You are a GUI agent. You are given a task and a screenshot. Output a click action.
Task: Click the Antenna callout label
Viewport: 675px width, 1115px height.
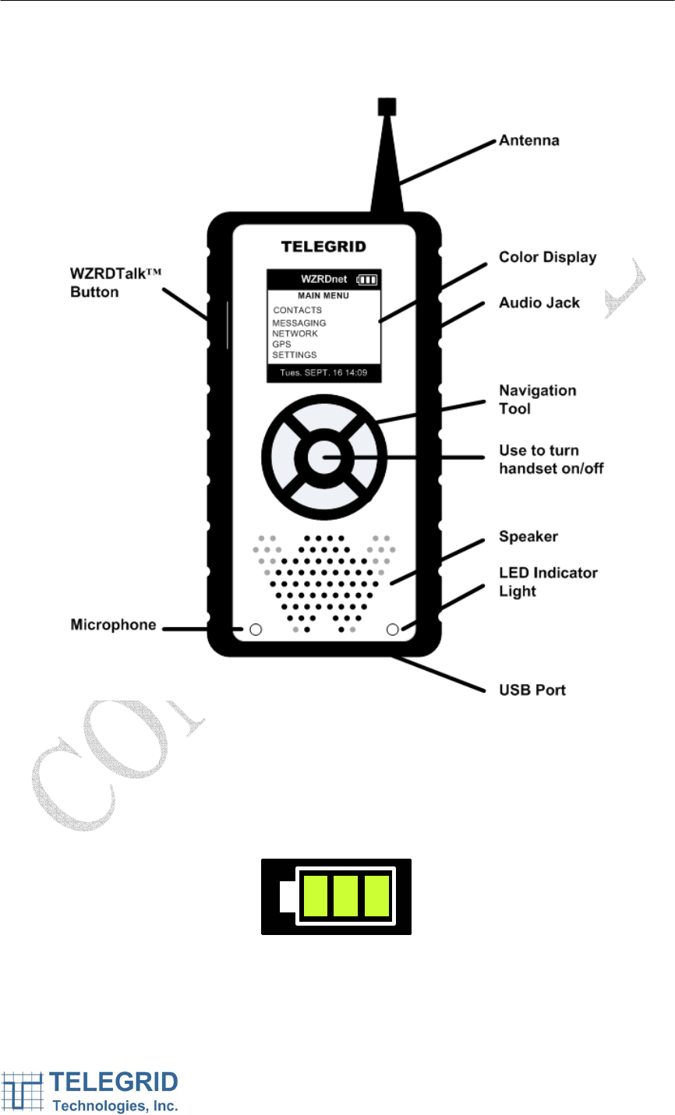528,141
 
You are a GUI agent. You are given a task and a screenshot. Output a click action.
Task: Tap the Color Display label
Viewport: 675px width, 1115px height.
547,257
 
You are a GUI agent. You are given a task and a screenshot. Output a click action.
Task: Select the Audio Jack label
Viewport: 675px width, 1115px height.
539,302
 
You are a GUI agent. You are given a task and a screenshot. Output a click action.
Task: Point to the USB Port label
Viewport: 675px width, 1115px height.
532,690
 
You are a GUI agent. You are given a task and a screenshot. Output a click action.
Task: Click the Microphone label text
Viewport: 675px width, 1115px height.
113,625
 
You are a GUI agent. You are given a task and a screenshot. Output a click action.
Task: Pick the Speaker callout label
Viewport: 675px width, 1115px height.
528,537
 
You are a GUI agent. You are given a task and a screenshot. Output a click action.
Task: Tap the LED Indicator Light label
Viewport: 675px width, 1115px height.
547,581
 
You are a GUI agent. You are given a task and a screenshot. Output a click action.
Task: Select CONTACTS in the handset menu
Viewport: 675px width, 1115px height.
297,310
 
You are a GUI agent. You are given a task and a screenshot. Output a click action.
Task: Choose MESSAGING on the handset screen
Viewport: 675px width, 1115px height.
299,323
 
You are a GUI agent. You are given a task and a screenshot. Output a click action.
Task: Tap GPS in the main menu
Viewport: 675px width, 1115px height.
281,344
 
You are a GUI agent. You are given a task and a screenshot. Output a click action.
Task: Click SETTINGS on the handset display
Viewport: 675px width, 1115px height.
295,355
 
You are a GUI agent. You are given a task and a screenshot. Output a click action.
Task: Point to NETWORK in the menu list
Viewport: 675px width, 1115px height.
295,333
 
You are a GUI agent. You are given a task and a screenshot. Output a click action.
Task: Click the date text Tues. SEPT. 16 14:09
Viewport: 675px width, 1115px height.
323,374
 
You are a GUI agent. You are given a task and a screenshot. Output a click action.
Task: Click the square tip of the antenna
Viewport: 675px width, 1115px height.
386,106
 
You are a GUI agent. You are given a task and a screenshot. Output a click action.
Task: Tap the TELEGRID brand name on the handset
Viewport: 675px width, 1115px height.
323,247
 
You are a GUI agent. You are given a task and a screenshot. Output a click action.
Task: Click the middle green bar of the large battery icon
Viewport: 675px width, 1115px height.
345,895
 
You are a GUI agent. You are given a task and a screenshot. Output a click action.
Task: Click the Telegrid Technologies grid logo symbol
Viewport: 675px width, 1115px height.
23,1092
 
